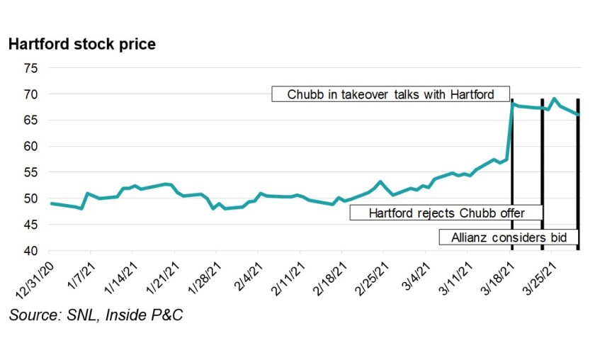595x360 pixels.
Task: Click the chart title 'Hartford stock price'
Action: [x=82, y=44]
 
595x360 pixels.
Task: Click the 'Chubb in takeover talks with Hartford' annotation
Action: [x=390, y=94]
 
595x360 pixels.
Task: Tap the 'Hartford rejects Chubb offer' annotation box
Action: [x=446, y=213]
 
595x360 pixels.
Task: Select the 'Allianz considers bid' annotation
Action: [x=509, y=238]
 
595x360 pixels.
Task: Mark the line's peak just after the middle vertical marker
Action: [x=554, y=99]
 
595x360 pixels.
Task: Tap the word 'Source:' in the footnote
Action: [x=33, y=315]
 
